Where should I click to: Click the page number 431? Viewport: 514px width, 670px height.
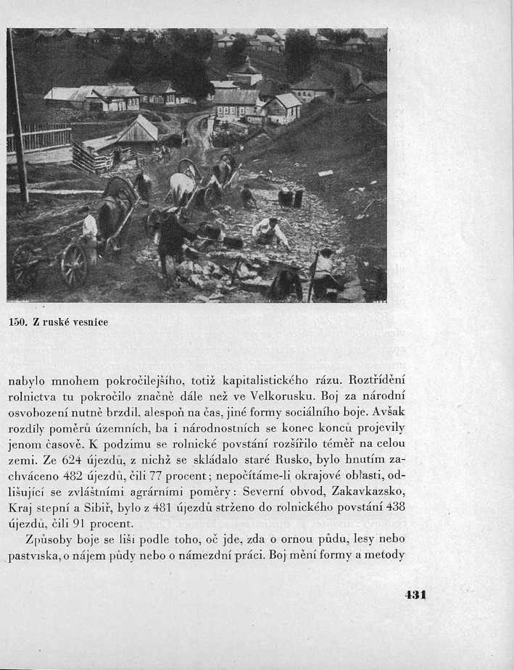tap(415, 595)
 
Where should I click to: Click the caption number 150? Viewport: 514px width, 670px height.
tap(17, 322)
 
